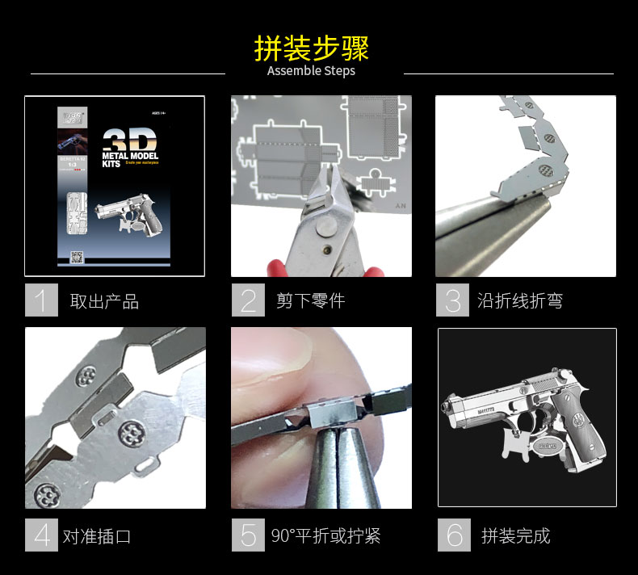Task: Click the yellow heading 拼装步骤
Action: pos(311,48)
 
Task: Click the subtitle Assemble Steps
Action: pos(311,71)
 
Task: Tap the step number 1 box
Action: pos(41,300)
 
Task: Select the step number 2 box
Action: pos(248,300)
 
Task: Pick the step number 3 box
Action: pos(452,300)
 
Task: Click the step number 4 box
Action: pos(41,535)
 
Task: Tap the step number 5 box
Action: pos(248,535)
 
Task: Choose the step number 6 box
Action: pos(454,535)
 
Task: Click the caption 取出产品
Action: pos(104,302)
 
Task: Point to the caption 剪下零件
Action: pos(310,301)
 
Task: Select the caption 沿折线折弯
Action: pos(519,301)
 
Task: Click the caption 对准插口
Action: pos(96,536)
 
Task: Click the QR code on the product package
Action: pos(78,258)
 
